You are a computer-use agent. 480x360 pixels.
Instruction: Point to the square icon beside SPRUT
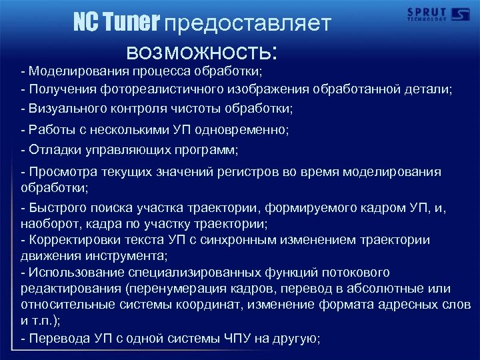tap(461, 14)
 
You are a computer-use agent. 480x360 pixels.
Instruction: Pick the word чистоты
tap(200, 107)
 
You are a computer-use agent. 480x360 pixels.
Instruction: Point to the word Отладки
tap(51, 149)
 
